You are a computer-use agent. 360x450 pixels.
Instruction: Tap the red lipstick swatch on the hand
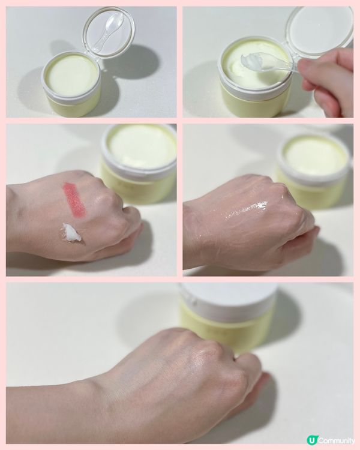74,199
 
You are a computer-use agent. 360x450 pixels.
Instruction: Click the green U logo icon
311,440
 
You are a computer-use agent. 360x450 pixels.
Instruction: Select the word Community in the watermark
336,440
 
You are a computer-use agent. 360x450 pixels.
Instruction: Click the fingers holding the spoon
327,83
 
